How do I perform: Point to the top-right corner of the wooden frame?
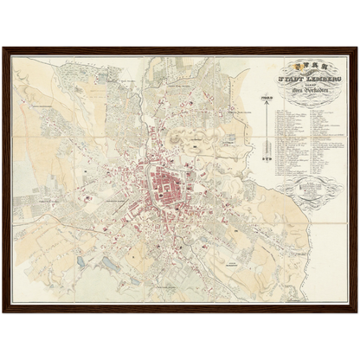click(356, 48)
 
